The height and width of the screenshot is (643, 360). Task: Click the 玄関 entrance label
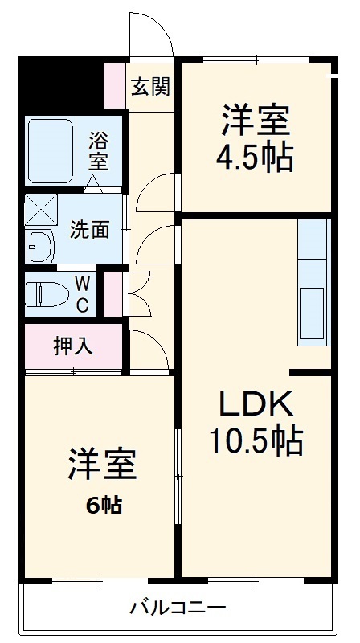pos(150,86)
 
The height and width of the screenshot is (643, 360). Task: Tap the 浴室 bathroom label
pos(99,150)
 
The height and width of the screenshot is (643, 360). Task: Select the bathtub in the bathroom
pos(51,150)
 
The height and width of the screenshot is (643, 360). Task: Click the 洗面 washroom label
pos(88,229)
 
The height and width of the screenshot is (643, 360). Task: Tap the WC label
pos(84,294)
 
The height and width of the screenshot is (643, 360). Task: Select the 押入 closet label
pos(72,346)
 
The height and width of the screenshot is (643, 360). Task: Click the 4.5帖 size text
pos(253,158)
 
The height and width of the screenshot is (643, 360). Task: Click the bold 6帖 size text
pos(104,506)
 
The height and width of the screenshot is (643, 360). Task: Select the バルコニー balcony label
pos(178,607)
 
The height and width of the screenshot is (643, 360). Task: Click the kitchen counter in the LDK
pos(313,281)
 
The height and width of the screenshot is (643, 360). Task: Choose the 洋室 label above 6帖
pos(102,465)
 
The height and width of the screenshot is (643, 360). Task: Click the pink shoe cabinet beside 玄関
pos(115,86)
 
